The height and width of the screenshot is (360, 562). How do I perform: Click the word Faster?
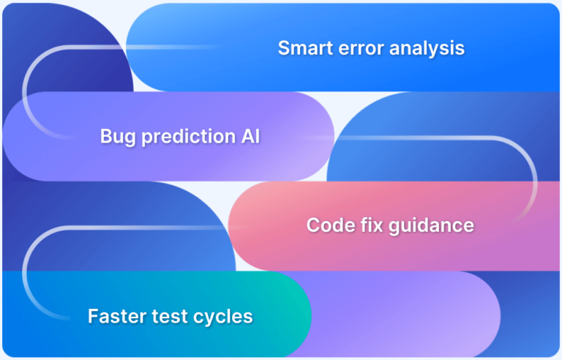[113, 316]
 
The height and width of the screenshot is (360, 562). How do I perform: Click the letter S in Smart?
[283, 48]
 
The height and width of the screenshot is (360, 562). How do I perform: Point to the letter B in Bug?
[105, 136]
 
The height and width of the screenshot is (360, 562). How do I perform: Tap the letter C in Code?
[312, 225]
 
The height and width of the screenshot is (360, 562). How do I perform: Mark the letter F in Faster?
[92, 316]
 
